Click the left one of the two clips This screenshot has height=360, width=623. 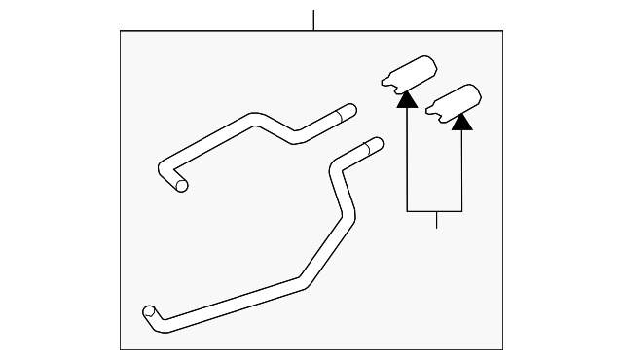pos(408,73)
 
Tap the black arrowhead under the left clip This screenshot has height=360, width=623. pos(407,97)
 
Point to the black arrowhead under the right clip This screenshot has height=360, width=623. pos(462,122)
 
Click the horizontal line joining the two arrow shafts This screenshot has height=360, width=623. pos(435,211)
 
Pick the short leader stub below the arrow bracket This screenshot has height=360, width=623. pos(436,220)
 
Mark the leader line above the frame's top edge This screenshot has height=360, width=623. pos(313,19)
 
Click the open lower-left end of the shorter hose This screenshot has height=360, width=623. pos(182,185)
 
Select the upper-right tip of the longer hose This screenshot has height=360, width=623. pos(376,144)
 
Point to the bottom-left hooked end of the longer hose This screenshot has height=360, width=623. pos(150,312)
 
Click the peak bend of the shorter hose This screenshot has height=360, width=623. pos(255,119)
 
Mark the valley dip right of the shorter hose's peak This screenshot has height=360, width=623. pos(295,139)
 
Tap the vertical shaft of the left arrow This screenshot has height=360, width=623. pos(407,156)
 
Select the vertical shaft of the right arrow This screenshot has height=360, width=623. pos(462,170)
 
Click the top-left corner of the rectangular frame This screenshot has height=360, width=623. pos(121,31)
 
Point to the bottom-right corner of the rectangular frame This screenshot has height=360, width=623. pos(503,349)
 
